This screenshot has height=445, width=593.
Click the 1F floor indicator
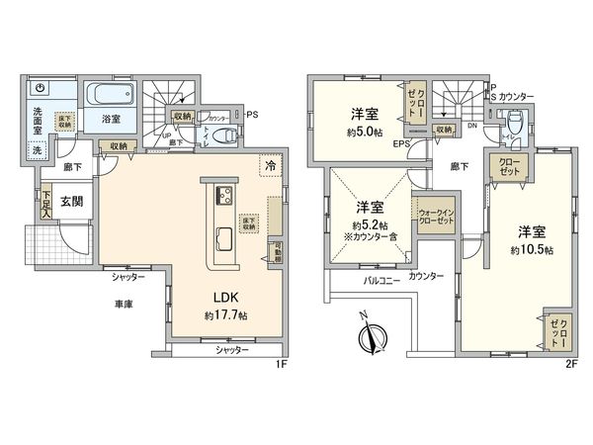tap(281, 364)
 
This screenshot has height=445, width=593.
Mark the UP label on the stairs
tap(166, 136)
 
